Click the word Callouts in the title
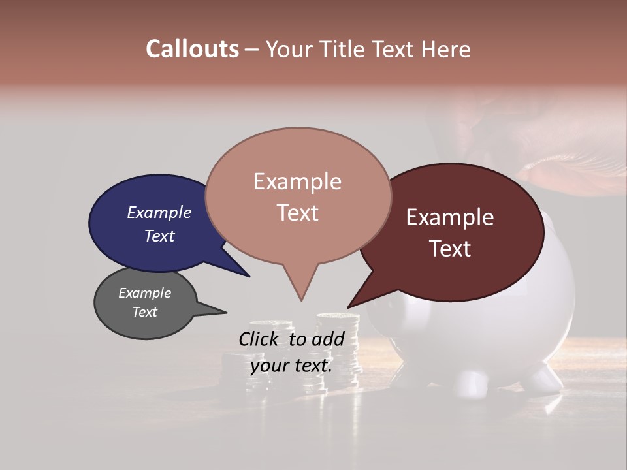click(x=192, y=49)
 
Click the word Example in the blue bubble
click(x=159, y=212)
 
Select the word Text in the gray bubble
click(x=144, y=312)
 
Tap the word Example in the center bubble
click(x=297, y=181)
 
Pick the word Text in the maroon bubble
click(x=450, y=248)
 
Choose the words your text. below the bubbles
click(x=291, y=366)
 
